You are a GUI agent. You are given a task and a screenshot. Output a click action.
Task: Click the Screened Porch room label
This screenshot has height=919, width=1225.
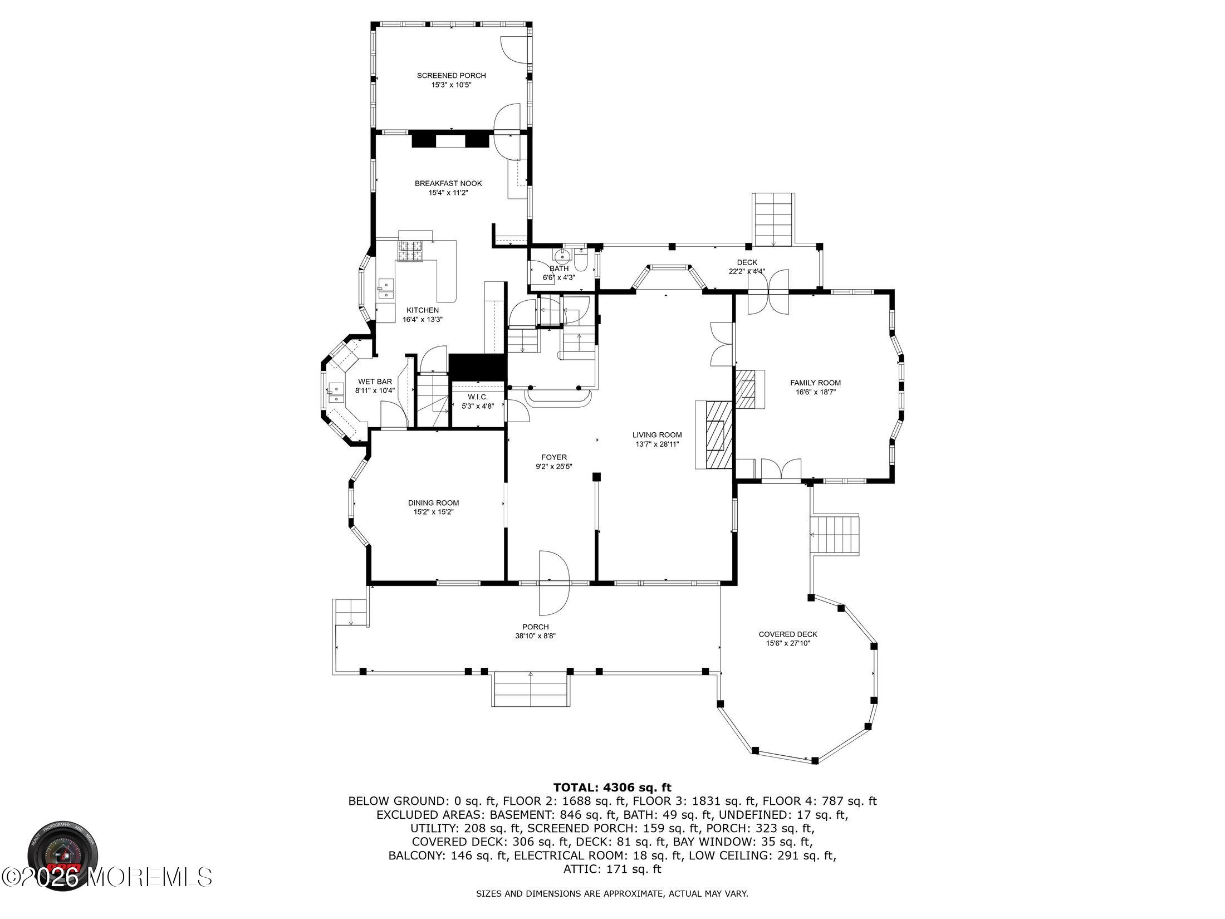(451, 76)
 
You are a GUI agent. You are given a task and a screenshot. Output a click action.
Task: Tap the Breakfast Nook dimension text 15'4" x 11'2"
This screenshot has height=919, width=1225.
(448, 193)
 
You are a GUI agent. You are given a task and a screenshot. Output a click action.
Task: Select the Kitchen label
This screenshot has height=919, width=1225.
(422, 310)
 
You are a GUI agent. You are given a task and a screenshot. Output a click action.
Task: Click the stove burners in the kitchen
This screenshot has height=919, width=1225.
(410, 251)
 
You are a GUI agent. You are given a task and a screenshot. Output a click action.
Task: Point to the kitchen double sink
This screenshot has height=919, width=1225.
(385, 288)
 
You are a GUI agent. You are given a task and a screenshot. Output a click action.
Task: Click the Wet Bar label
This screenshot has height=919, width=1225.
(375, 382)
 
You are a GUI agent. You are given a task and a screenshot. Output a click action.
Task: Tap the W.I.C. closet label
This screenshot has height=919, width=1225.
(478, 397)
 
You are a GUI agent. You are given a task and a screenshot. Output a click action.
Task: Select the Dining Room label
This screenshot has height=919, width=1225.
(433, 503)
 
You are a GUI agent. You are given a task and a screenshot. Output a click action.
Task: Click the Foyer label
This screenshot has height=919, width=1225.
(553, 457)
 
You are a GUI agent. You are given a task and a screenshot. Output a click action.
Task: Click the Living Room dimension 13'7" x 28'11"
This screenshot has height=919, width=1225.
(657, 444)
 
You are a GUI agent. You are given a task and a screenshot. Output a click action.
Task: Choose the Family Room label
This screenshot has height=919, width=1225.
(816, 383)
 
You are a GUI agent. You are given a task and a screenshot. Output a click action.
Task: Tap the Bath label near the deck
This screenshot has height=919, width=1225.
(559, 268)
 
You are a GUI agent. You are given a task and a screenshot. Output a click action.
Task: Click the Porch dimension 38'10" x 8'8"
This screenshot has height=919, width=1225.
(536, 636)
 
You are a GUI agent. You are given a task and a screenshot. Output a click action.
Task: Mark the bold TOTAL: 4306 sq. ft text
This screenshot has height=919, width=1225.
(612, 788)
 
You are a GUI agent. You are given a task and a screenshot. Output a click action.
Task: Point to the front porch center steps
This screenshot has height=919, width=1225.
(531, 690)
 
